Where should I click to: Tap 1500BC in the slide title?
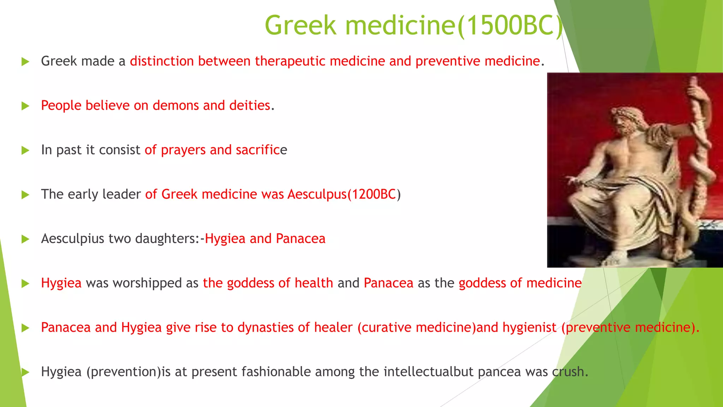coord(509,25)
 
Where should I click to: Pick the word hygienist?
coord(529,328)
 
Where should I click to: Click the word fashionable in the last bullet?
coord(276,372)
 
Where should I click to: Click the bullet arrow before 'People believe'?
coord(25,106)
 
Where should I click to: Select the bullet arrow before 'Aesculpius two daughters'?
coord(25,239)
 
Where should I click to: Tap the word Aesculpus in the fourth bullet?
coord(317,194)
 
